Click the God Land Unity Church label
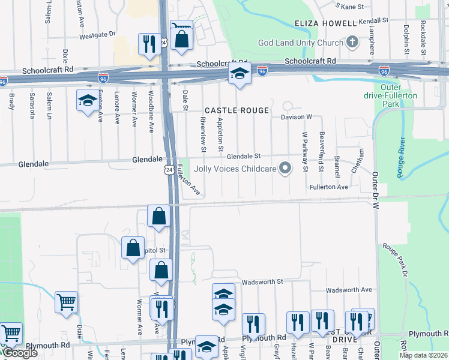click(300, 43)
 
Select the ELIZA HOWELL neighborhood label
click(325, 23)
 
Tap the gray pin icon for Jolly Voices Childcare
click(286, 169)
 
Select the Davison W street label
click(297, 116)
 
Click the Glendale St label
click(244, 155)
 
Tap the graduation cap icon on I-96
click(239, 74)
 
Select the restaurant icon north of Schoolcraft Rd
click(148, 43)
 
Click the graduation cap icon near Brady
click(88, 100)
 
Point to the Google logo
click(19, 353)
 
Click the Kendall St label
click(373, 20)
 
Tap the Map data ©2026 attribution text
click(424, 355)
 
